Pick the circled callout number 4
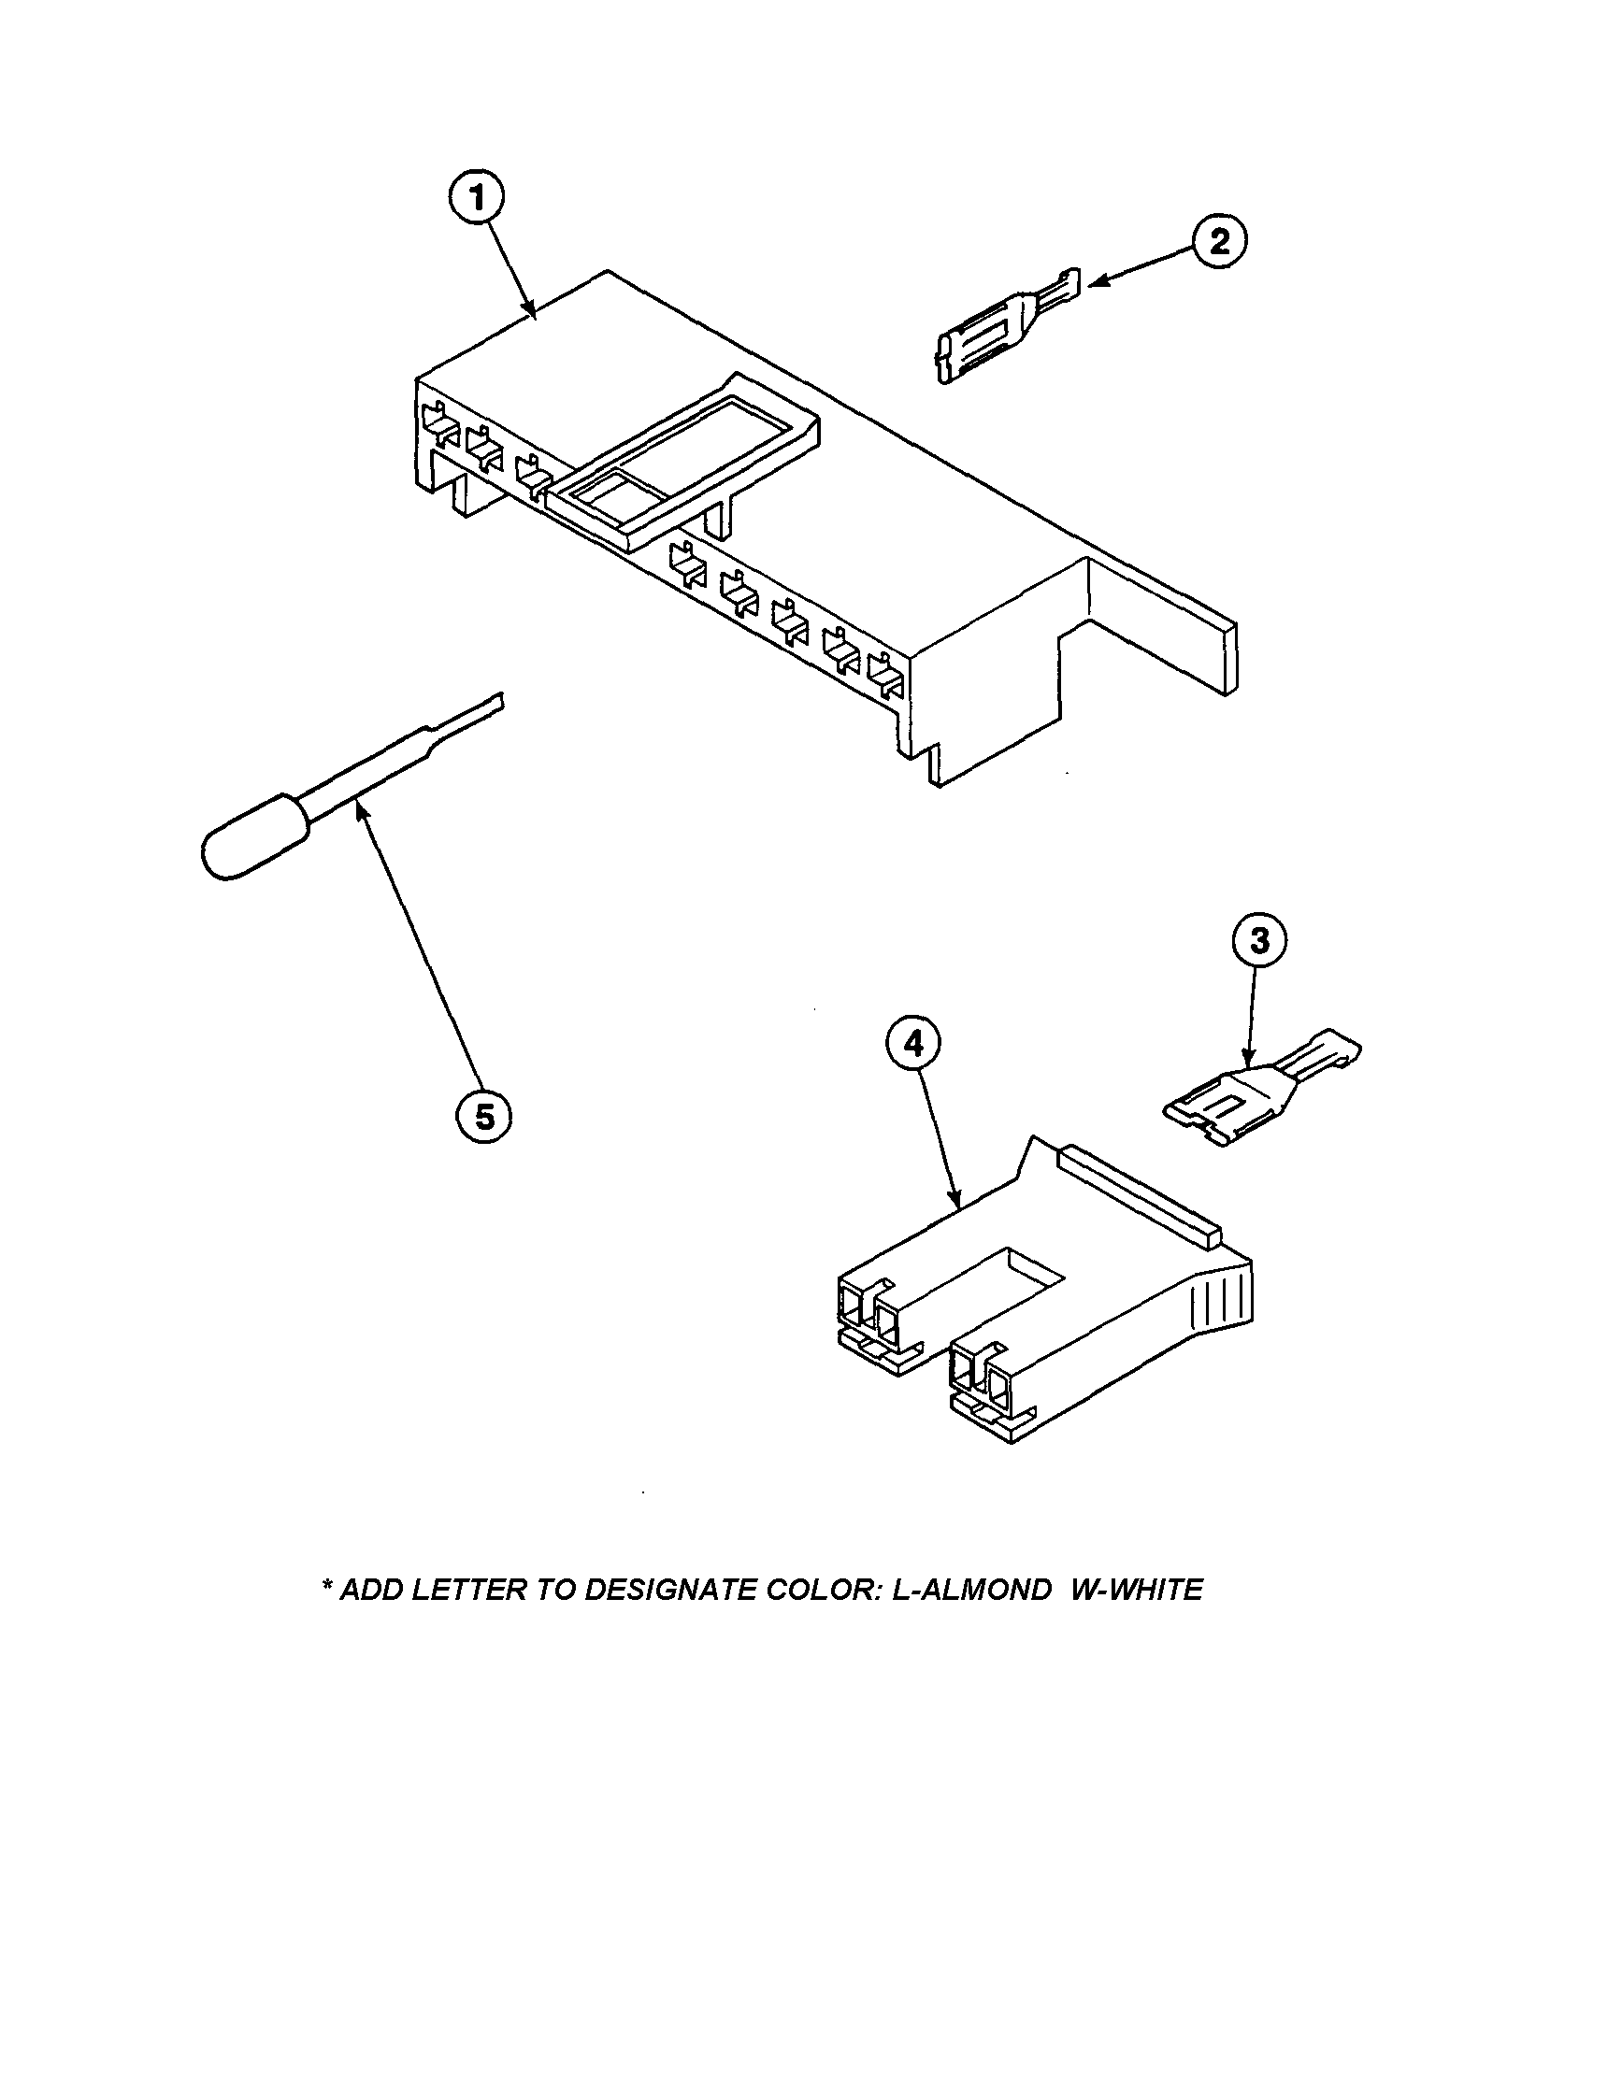click(x=913, y=1045)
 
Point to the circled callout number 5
click(x=484, y=1116)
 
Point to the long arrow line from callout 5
click(x=420, y=954)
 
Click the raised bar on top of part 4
click(x=1141, y=1186)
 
